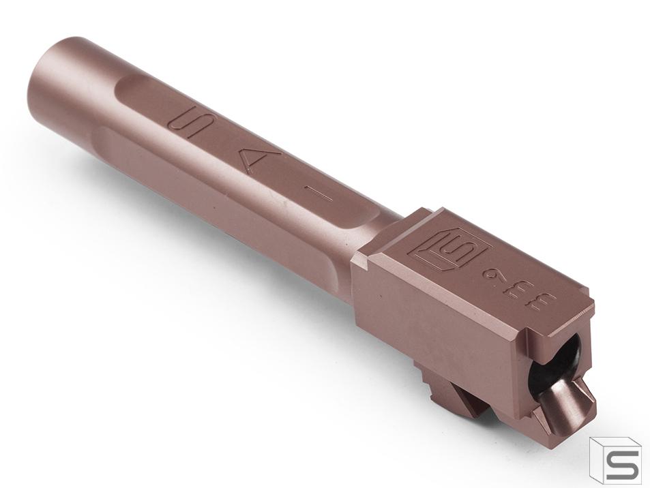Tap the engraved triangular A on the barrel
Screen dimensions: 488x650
[252, 162]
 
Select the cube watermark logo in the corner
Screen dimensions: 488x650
[615, 460]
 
